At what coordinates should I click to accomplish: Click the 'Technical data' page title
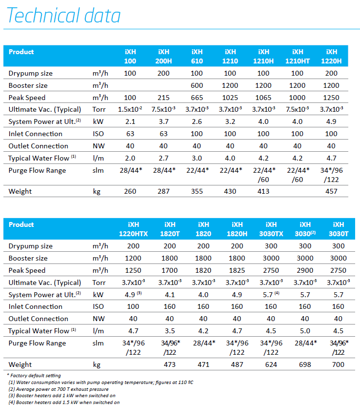(63, 15)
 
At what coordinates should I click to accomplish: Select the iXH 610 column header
(197, 56)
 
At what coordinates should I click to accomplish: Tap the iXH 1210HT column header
(297, 56)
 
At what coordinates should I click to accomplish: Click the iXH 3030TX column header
(271, 229)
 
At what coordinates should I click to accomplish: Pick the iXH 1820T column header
(170, 229)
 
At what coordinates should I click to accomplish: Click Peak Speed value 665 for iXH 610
(197, 98)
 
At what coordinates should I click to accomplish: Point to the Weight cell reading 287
(163, 191)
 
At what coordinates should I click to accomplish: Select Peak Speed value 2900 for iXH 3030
(305, 270)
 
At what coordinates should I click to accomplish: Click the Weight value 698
(305, 364)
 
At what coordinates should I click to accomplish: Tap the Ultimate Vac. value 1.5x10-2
(130, 109)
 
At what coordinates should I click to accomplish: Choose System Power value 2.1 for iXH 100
(130, 121)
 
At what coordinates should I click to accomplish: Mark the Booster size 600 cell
(197, 85)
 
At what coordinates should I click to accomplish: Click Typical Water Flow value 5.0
(305, 331)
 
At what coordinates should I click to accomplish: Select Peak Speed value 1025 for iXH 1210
(230, 98)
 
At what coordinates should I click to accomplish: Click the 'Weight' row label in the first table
(20, 191)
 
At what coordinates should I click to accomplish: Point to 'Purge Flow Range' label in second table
(37, 343)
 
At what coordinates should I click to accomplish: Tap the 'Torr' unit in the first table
(99, 109)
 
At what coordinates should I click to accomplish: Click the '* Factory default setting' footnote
(34, 376)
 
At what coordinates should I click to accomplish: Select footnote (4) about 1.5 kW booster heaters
(64, 403)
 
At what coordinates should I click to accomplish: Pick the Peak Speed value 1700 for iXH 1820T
(169, 270)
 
